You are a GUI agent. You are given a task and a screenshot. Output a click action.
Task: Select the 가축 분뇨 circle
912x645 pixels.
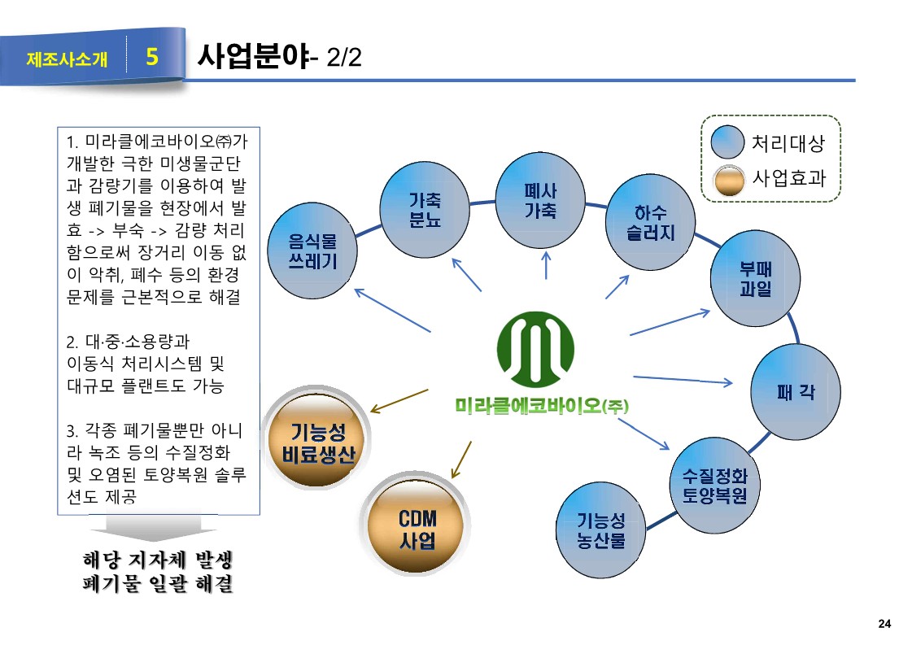point(425,208)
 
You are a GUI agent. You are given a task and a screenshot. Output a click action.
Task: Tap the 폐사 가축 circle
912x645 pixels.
point(540,199)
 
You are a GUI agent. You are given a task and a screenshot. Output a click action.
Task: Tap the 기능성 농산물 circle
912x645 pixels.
point(600,529)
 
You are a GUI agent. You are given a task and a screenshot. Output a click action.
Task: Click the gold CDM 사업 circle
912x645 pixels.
point(416,528)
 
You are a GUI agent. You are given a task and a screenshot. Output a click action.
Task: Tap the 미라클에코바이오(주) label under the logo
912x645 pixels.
point(543,404)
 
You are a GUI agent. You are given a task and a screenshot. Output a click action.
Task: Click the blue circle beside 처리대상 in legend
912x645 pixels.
point(727,144)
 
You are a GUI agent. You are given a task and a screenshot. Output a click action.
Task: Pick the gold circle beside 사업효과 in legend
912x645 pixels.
point(727,180)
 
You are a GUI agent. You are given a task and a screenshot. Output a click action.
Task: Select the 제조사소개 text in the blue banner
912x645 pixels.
point(67,59)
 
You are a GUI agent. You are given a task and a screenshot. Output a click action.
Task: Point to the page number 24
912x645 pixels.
point(885,624)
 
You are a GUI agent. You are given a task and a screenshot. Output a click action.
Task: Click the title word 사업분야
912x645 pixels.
point(251,57)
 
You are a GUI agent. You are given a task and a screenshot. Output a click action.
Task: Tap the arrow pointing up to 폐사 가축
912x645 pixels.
point(546,265)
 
